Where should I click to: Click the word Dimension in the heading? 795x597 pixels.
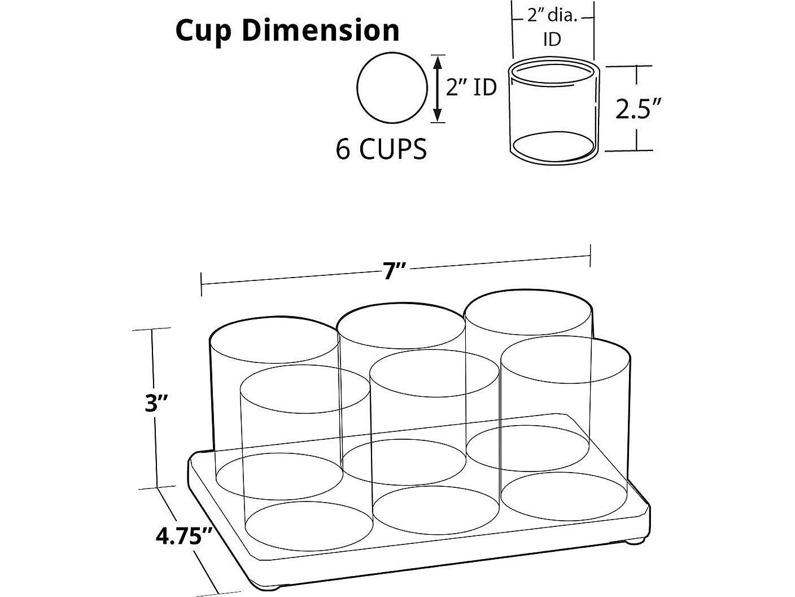click(320, 30)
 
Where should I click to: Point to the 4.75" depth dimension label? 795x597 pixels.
click(184, 536)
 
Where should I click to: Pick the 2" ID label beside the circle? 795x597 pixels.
click(471, 88)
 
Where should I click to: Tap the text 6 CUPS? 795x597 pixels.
click(381, 149)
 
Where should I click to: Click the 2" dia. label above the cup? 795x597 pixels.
click(552, 16)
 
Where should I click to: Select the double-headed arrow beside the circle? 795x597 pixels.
click(438, 89)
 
